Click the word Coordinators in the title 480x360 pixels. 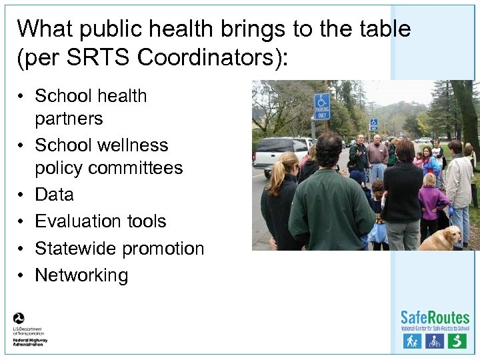click(211, 57)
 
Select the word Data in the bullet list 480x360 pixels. click(54, 195)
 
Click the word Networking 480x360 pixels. click(81, 275)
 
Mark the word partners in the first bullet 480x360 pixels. click(69, 119)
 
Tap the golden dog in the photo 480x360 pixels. click(441, 238)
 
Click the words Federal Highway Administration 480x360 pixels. click(30, 341)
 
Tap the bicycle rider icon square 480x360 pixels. click(435, 341)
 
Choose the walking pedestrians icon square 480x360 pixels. click(412, 341)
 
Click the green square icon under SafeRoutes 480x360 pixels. click(457, 341)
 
